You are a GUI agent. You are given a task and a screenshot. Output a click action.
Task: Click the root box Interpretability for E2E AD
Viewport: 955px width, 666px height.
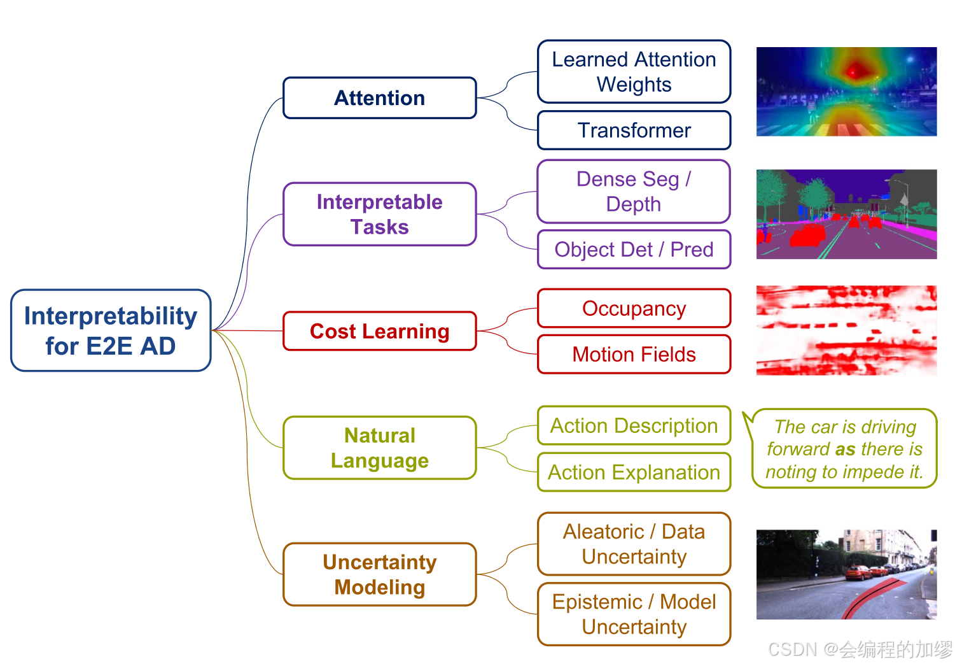(x=111, y=330)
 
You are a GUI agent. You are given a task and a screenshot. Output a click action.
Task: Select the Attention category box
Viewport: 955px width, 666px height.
(x=380, y=98)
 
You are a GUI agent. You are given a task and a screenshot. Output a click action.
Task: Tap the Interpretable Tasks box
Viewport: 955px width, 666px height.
(x=380, y=214)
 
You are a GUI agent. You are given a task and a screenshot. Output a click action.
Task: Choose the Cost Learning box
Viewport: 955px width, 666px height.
(x=380, y=331)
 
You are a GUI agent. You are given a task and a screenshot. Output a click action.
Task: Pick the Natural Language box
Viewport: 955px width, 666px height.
(x=380, y=448)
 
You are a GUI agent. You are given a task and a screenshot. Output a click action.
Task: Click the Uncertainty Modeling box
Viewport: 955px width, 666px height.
(x=380, y=574)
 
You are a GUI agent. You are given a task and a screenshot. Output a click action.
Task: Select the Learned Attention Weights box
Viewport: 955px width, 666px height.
(x=634, y=71)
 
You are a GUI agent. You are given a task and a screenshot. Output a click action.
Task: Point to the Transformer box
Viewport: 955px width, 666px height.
(x=634, y=131)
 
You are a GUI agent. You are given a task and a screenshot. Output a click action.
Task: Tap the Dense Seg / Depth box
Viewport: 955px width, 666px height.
(x=634, y=191)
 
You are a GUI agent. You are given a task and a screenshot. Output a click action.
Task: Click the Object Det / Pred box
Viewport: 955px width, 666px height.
(x=634, y=250)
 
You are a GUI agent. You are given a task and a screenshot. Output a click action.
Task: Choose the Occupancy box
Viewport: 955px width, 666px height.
(x=634, y=308)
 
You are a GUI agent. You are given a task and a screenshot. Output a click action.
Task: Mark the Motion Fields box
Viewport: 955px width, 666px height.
(x=634, y=354)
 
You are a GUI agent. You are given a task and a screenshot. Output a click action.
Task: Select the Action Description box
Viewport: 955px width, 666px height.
(x=634, y=425)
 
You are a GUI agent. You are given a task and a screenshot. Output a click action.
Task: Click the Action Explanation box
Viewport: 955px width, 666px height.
(x=634, y=472)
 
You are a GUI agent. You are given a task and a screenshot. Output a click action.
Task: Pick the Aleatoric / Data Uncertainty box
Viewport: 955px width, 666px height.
(x=634, y=544)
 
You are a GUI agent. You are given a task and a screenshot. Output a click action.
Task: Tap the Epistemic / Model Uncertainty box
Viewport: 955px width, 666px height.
(x=634, y=614)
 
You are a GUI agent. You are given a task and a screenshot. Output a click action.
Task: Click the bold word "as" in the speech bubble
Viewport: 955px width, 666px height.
(x=845, y=450)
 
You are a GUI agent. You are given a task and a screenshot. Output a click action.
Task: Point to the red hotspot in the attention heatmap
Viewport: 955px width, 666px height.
(x=856, y=70)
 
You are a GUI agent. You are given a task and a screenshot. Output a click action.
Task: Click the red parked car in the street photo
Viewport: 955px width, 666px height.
(x=858, y=573)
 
